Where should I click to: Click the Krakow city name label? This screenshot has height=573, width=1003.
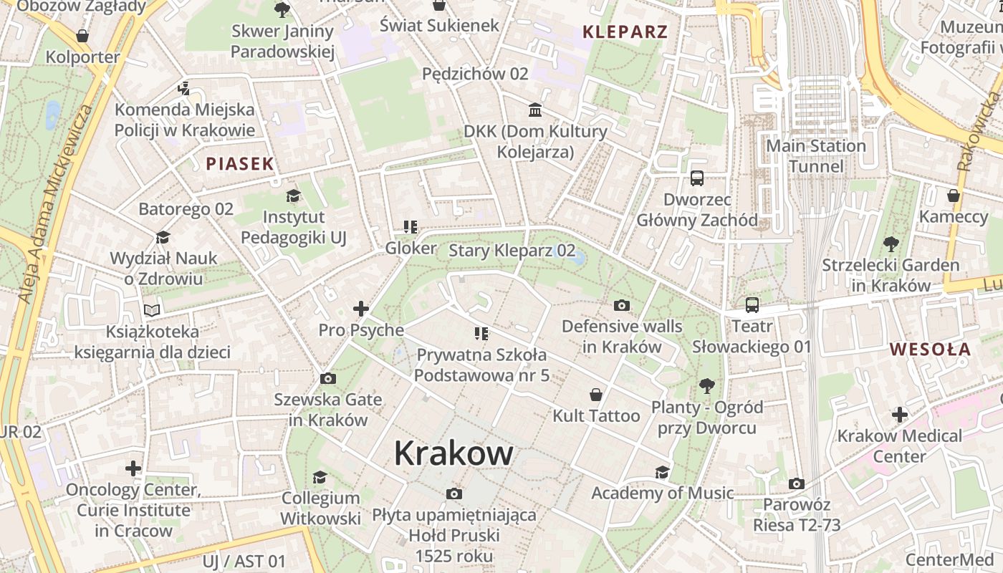(453, 453)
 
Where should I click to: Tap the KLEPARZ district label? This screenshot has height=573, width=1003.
(625, 32)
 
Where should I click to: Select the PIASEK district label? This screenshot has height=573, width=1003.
(240, 164)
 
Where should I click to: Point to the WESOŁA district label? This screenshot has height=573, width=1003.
(930, 350)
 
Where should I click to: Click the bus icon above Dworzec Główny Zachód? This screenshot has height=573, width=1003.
(696, 178)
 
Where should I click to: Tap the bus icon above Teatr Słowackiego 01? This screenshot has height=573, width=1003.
(752, 305)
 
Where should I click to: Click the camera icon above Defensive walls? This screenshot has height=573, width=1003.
(622, 306)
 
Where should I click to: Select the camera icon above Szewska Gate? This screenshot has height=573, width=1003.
(328, 378)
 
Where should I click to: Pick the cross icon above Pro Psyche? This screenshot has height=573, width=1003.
(361, 309)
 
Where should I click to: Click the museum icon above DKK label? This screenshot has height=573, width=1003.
(535, 110)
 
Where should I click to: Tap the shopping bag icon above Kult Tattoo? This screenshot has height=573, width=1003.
(595, 395)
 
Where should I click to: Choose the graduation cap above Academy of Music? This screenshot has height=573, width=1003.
(662, 472)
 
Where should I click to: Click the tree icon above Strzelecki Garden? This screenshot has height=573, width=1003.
(891, 244)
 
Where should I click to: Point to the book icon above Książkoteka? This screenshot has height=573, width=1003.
(152, 310)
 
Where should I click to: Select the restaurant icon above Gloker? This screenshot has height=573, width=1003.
(411, 227)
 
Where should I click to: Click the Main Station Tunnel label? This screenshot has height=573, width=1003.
(816, 156)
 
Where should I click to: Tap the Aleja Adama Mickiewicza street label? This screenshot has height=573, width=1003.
(54, 204)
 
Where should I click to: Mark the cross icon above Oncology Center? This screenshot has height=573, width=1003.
(133, 468)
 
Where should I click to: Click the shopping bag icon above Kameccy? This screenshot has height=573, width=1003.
(953, 196)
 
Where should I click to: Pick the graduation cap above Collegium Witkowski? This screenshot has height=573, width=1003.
(320, 477)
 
